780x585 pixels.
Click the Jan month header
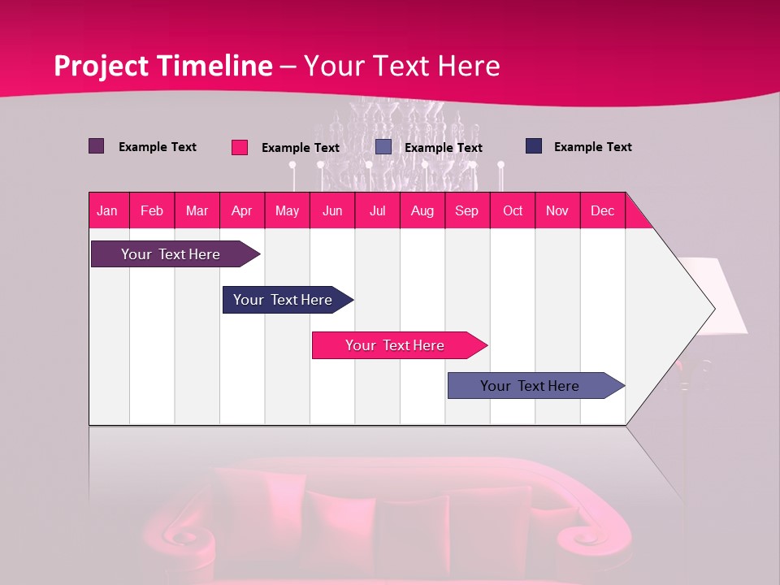pos(107,210)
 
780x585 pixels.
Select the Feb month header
pos(152,210)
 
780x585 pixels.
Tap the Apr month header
pos(241,210)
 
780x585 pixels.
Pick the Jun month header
pos(332,210)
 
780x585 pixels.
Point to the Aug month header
pos(422,210)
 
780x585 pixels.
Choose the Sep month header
pos(466,210)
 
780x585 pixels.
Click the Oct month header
pos(513,210)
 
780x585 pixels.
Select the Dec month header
pos(602,210)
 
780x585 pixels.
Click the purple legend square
pos(96,146)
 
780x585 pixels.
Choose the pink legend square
pos(239,147)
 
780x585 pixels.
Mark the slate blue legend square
pos(383,147)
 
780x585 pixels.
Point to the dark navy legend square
pos(534,146)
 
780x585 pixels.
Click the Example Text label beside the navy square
pos(592,147)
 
